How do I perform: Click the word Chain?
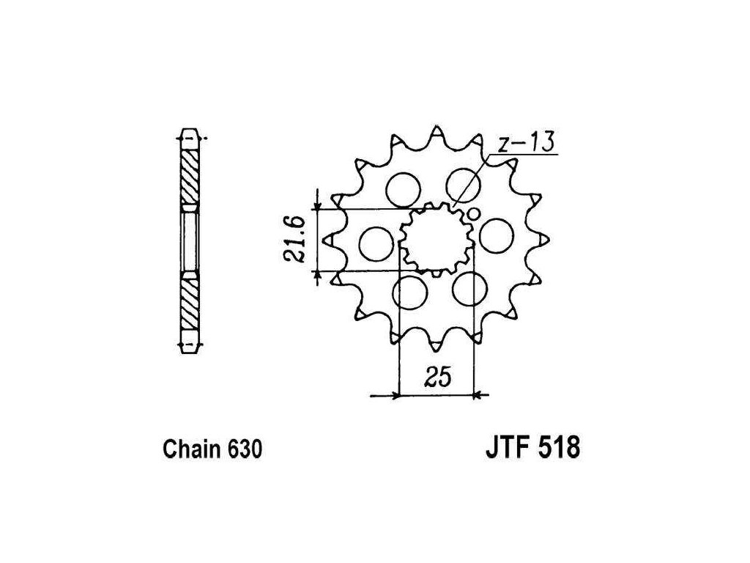pyautogui.click(x=187, y=449)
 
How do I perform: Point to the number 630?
pyautogui.click(x=242, y=449)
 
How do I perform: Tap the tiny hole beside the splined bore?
pyautogui.click(x=473, y=215)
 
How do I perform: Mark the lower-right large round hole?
pyautogui.click(x=469, y=289)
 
